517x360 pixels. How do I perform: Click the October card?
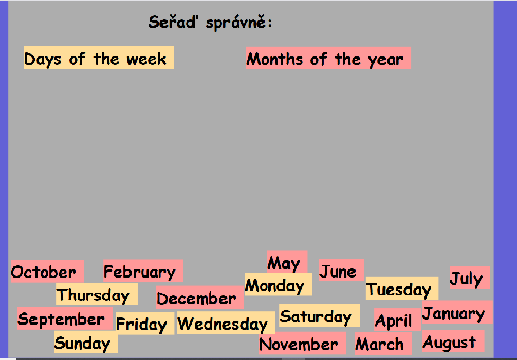[x=47, y=271]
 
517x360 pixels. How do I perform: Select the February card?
[x=143, y=271]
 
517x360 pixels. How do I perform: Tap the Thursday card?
[x=97, y=294]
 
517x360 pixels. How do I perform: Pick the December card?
[x=200, y=297]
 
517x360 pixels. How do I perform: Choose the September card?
[x=65, y=318]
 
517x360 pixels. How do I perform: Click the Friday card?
[x=145, y=323]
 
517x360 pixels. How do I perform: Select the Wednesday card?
[x=226, y=322]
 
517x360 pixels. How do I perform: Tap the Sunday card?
[x=86, y=342]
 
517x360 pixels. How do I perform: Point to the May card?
[x=287, y=262]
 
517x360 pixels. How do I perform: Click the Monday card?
[x=278, y=284]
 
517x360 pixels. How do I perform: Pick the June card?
[x=341, y=270]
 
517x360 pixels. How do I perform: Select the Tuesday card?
[x=402, y=289]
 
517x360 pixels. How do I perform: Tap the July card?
[x=470, y=278]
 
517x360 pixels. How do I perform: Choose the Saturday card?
[x=319, y=315]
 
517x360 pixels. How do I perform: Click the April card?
[x=397, y=319]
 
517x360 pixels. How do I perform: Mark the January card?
[x=457, y=312]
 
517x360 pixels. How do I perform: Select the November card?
[x=302, y=343]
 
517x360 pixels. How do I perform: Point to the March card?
[x=383, y=343]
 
